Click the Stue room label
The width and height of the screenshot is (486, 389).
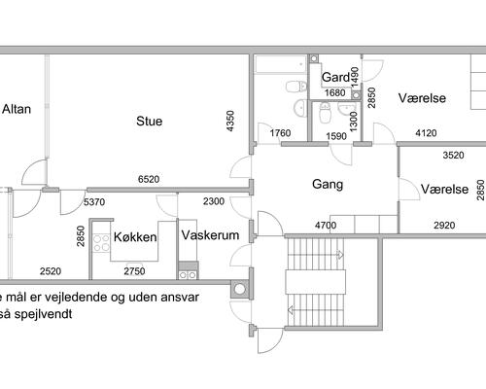tap(149, 121)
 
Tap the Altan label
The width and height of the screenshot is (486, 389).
tap(17, 109)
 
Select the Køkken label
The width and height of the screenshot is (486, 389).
tap(135, 237)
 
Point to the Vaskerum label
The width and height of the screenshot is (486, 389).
tap(210, 235)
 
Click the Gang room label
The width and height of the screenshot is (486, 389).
tap(328, 185)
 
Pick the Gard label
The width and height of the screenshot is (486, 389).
tap(335, 77)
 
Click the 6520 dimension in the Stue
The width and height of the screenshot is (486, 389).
tap(149, 179)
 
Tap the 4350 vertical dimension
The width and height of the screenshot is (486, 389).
tap(230, 122)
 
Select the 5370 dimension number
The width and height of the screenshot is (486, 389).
tap(94, 202)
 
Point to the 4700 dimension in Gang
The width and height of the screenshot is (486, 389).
tap(326, 225)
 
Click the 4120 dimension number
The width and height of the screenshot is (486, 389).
tap(426, 133)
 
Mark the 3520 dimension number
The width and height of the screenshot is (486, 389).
tap(453, 155)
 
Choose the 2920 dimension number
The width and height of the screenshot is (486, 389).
tap(444, 225)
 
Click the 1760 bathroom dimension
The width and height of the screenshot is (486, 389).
tap(280, 133)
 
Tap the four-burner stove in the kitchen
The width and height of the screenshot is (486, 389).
tap(101, 243)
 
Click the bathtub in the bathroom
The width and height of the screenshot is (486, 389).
tap(281, 64)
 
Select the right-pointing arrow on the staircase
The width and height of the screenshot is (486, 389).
tap(340, 255)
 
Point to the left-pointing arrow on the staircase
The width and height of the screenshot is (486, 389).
tap(291, 310)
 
